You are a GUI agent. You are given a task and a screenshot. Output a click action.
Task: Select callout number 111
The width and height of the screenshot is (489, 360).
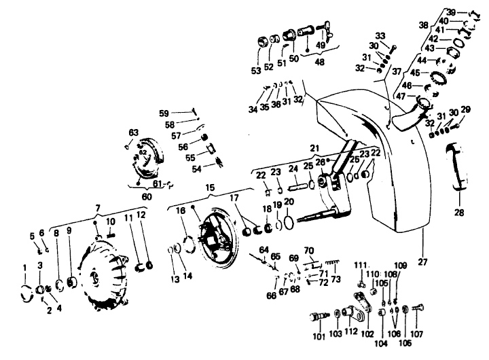pyautogui.click(x=359, y=265)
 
